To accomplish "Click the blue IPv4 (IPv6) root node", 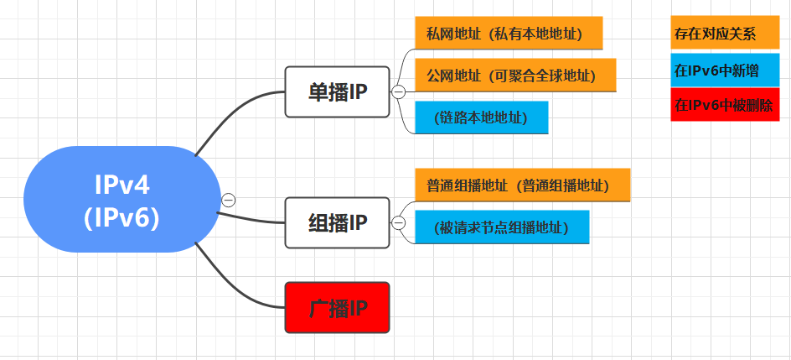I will (122, 200).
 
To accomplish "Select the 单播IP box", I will (337, 91).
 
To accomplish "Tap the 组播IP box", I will (337, 222).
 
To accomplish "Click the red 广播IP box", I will (337, 307).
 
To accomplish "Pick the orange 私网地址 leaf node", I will (509, 33).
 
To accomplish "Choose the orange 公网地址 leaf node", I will (515, 75).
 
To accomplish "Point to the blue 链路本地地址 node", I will (482, 117).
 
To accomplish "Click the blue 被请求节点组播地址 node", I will (503, 227).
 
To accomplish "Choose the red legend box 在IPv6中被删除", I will (720, 106).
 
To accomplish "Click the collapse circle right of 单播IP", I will (399, 91).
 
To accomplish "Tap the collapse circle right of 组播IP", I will (399, 222).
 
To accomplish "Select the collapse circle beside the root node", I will (228, 200).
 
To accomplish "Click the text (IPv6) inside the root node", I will (122, 217).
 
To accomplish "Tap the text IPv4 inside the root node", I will (122, 183).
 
